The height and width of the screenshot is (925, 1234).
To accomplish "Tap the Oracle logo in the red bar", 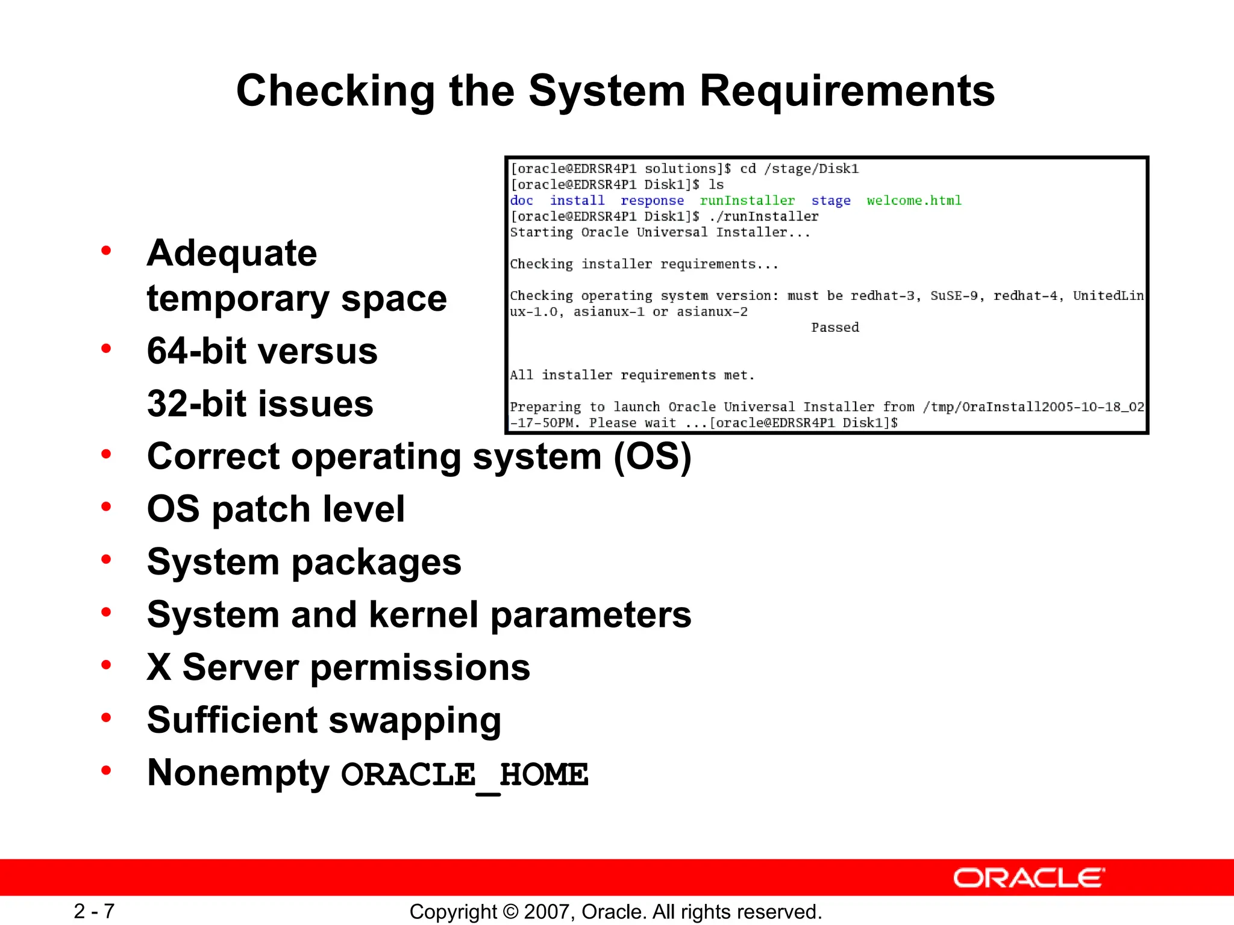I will tap(1029, 878).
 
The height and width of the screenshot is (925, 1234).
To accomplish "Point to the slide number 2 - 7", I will tap(94, 911).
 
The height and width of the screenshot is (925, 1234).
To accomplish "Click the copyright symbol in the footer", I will tap(511, 912).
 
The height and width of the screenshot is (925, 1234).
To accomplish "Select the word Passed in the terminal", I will tap(835, 328).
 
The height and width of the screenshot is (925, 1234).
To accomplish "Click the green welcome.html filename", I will tap(913, 201).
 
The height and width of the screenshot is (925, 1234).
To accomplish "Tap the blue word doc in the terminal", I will tap(522, 201).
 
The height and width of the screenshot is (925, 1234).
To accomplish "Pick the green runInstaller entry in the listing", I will tap(747, 201).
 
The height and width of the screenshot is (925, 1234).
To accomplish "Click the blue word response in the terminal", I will tap(652, 201).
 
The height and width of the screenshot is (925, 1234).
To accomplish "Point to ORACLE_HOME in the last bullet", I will tap(465, 774).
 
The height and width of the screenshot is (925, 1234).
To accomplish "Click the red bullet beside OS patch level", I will tap(107, 507).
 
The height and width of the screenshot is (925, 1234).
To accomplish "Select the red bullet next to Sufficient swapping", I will tap(107, 718).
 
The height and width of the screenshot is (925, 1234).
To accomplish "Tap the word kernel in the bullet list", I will tap(425, 615).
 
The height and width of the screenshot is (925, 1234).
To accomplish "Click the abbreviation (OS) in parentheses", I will tap(652, 456).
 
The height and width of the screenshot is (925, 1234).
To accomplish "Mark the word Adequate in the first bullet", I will tap(232, 253).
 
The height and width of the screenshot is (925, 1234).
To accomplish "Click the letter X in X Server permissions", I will tap(159, 667).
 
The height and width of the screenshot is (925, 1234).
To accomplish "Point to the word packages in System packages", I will tap(377, 563).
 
